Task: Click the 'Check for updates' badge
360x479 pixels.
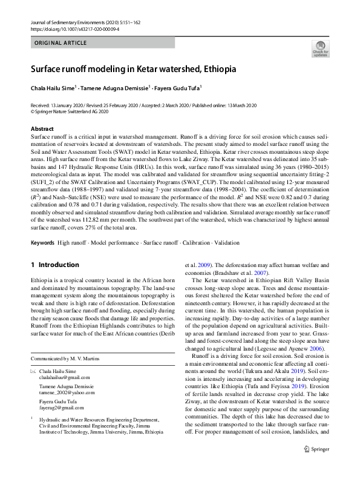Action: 320,48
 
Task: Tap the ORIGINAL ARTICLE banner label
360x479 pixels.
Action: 61,43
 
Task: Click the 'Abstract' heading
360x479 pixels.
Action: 42,129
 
